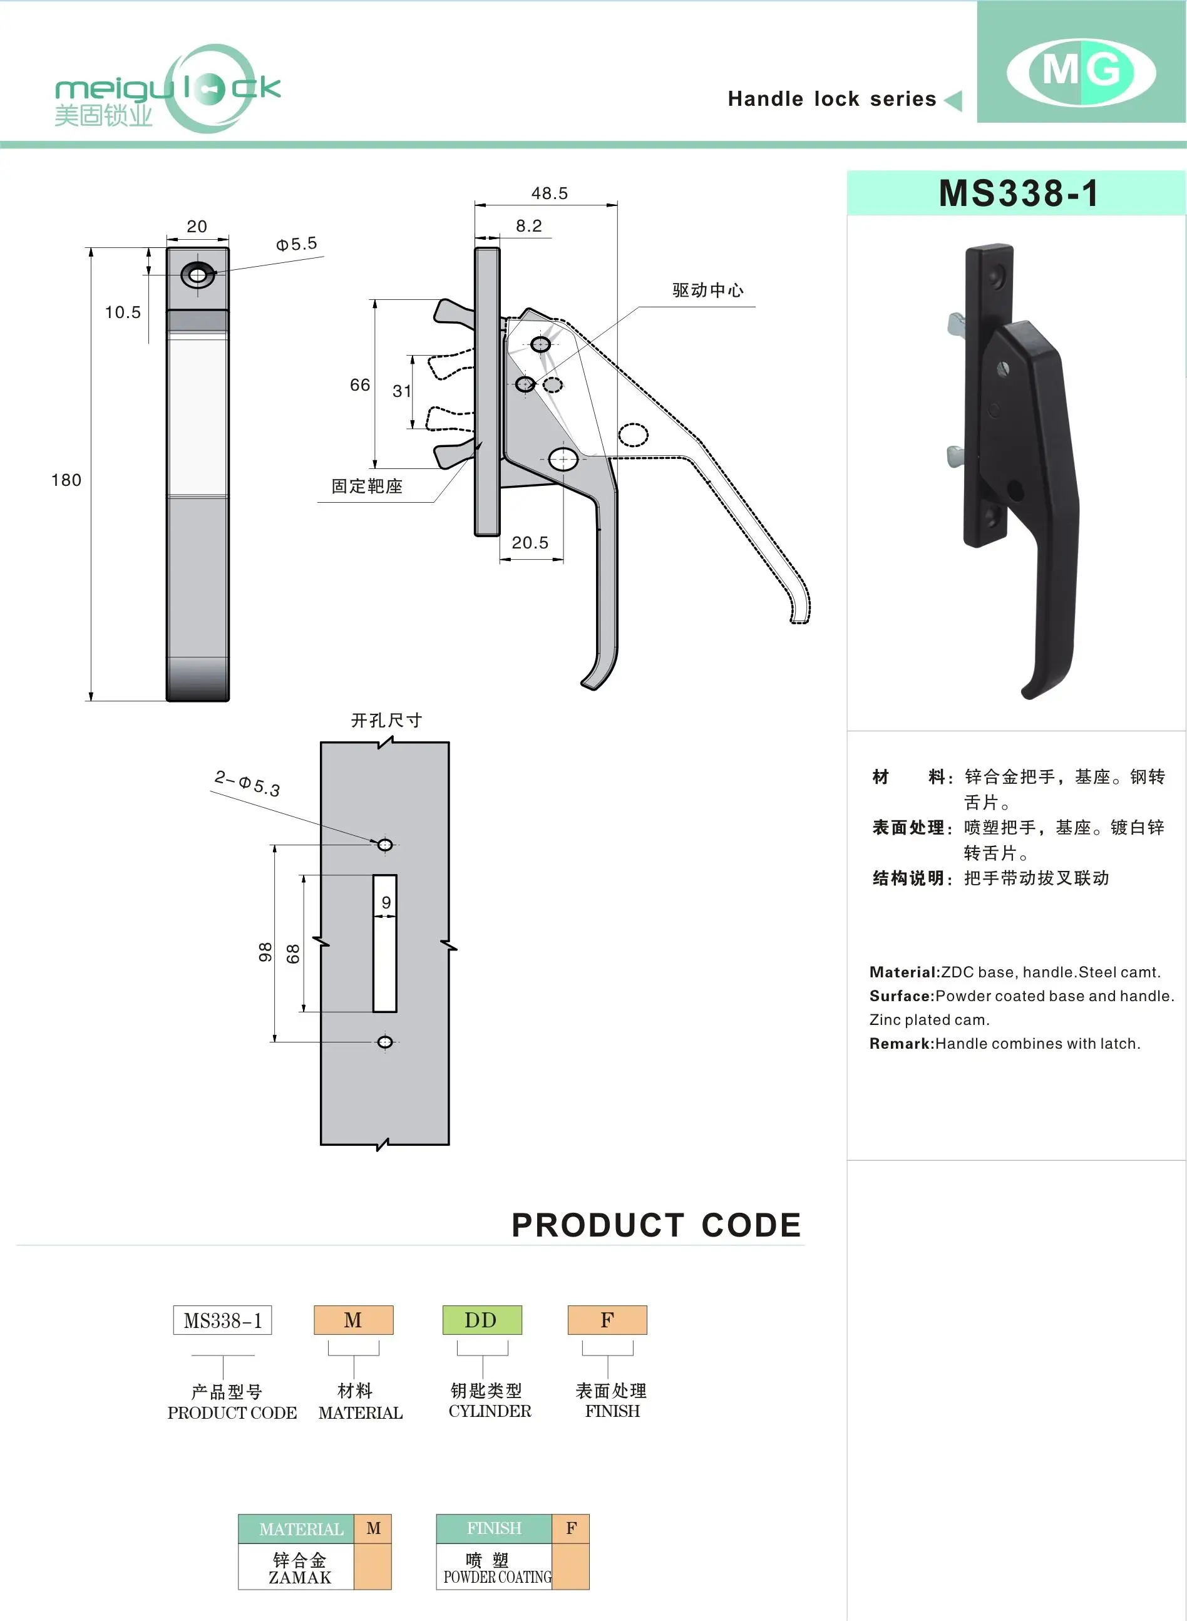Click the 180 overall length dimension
click(66, 480)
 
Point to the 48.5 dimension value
click(549, 193)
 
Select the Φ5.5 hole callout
click(296, 244)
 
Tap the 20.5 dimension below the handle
click(530, 542)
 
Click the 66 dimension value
click(360, 385)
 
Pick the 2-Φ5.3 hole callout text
click(247, 783)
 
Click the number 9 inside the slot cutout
click(386, 902)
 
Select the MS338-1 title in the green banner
click(1018, 193)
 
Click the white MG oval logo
click(1081, 72)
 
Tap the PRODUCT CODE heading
click(656, 1225)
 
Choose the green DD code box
click(481, 1320)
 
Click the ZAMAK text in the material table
click(300, 1577)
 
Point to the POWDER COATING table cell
click(497, 1577)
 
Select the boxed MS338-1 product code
click(222, 1320)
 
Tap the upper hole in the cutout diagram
click(385, 844)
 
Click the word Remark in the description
click(900, 1043)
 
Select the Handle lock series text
click(832, 99)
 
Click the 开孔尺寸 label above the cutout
click(386, 720)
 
